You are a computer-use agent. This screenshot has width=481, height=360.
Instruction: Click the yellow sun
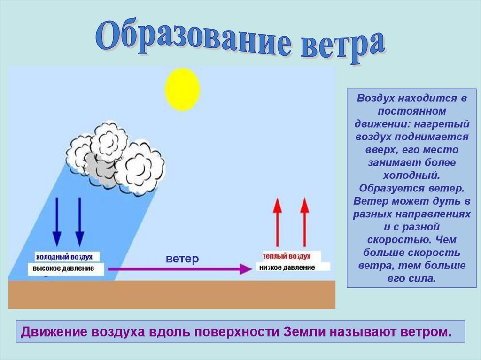tap(182, 89)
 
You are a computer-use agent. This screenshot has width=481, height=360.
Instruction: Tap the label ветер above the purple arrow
tap(182, 259)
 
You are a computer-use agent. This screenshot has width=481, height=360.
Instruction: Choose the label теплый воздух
tap(287, 257)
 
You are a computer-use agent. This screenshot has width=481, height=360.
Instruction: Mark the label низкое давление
tap(287, 268)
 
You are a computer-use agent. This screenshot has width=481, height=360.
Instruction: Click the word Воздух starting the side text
tap(376, 99)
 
